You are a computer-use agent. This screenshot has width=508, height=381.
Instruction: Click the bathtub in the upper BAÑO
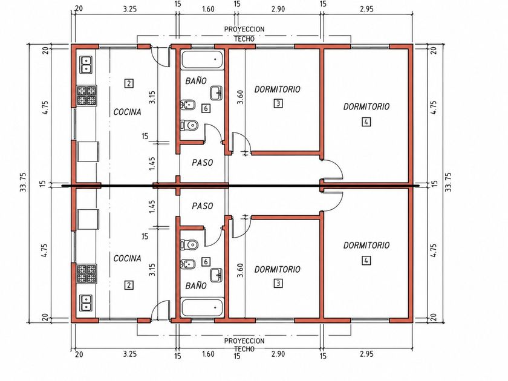[203, 60]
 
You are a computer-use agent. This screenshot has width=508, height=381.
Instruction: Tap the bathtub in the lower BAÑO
[203, 308]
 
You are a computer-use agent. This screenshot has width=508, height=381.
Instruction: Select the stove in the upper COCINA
[86, 96]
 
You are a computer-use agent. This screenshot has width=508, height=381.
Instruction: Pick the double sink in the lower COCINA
[86, 303]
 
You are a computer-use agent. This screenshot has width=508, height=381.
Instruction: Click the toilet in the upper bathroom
[189, 125]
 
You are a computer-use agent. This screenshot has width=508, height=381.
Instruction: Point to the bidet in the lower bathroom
[188, 264]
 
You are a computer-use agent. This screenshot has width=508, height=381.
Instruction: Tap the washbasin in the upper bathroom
[216, 93]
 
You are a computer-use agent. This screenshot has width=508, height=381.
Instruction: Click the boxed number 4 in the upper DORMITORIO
[366, 122]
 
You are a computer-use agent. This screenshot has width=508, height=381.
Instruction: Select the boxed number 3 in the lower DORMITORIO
[278, 284]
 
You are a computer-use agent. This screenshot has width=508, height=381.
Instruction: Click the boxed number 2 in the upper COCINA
[129, 83]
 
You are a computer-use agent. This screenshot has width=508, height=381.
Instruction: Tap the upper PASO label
[203, 162]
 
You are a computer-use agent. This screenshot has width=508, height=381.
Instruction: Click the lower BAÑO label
[196, 285]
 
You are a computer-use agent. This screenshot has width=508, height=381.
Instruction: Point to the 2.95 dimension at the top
[366, 9]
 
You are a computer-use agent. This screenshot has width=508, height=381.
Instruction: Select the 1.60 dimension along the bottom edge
[208, 354]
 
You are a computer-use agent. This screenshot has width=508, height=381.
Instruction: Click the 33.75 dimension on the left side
[24, 183]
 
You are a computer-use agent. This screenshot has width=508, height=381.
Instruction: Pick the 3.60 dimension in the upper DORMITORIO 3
[240, 97]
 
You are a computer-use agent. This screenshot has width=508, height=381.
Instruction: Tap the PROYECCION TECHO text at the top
[244, 34]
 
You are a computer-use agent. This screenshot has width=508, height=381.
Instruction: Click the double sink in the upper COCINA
[86, 64]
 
